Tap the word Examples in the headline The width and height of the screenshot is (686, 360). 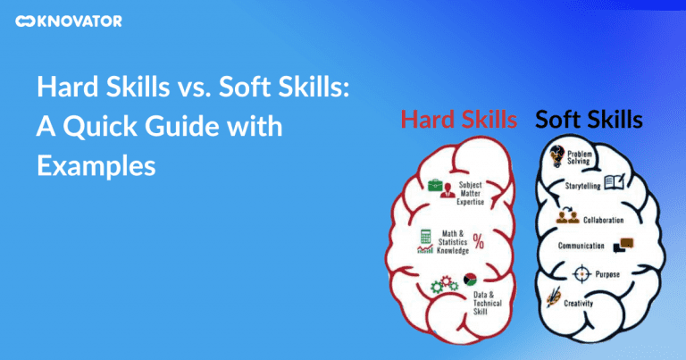[x=96, y=165]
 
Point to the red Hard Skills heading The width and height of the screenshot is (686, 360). [x=459, y=118]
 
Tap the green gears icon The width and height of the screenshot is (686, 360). [x=444, y=287]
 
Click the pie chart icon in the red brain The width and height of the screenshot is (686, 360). [x=469, y=280]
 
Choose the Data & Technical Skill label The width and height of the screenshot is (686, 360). [x=489, y=302]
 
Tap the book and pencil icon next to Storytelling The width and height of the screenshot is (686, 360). [x=615, y=184]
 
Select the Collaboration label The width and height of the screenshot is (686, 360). [x=603, y=219]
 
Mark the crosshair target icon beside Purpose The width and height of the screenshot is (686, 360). [x=581, y=272]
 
